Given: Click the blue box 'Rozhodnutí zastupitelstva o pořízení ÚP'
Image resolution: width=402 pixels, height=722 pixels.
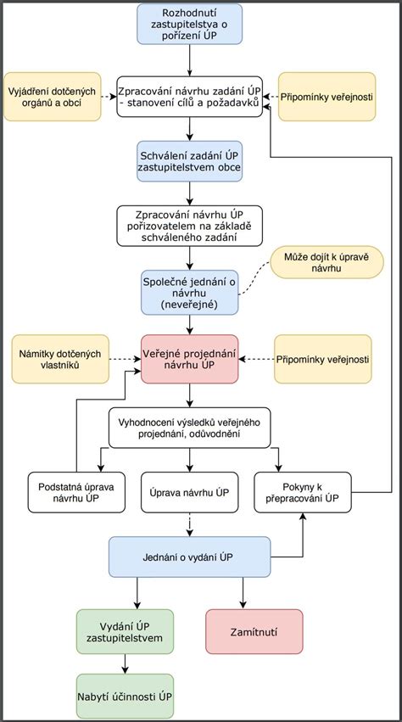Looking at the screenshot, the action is [189, 24].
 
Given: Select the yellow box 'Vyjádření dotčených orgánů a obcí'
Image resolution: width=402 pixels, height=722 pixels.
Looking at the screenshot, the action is [52, 97].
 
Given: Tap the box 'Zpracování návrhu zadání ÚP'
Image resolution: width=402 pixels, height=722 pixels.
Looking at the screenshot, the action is [189, 96].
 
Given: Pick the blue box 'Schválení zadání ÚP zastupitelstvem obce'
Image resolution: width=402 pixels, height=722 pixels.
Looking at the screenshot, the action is [189, 160].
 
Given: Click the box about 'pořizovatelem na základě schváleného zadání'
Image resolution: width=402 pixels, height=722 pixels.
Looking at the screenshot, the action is [189, 226].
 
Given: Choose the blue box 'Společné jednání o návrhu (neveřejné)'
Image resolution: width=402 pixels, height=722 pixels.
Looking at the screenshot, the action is [189, 293].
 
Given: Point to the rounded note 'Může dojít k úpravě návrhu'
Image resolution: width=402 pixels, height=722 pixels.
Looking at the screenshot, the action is [327, 262].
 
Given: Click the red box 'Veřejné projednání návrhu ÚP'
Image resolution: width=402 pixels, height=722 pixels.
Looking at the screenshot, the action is [189, 359].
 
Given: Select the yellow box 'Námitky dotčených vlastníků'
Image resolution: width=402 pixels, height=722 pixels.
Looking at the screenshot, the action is [60, 359].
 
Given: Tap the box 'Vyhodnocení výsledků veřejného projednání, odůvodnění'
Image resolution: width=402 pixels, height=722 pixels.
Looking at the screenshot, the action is [189, 428].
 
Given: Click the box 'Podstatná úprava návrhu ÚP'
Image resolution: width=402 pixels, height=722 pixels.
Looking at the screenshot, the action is [76, 492].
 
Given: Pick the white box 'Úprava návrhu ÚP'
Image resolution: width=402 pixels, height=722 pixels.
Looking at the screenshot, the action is [189, 492].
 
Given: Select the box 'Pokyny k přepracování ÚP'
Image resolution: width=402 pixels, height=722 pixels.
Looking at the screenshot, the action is [303, 492].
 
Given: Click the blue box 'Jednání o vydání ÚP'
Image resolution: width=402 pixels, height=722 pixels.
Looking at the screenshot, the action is [189, 557].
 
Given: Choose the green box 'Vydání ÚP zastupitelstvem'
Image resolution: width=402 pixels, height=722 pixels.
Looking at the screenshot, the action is [125, 632].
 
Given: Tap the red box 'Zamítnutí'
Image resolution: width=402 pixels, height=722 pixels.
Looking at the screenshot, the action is [254, 632].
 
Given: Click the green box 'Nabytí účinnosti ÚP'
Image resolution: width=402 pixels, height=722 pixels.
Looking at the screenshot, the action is [125, 697].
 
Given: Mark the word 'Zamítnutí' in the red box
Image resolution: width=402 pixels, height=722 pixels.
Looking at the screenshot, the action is [254, 632].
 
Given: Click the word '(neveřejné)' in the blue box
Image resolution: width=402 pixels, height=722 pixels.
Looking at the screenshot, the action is [190, 304].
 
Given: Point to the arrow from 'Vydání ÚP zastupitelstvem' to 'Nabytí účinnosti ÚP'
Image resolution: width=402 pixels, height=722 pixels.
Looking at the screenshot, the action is [125, 664].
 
